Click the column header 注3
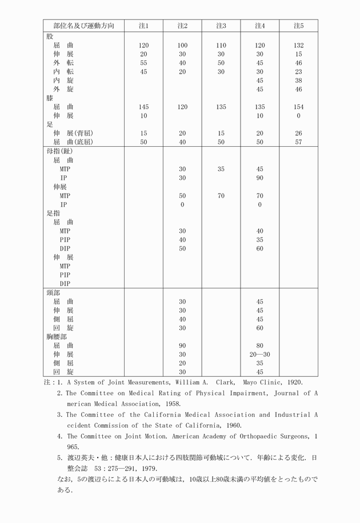[221, 26]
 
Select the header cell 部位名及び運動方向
[83, 26]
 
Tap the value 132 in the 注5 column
[298, 45]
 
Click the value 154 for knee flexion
[298, 107]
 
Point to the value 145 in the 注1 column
[143, 107]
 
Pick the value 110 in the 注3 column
[221, 45]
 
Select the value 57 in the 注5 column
[298, 142]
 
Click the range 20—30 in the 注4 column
[259, 355]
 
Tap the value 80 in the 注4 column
[259, 345]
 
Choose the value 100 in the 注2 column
[182, 45]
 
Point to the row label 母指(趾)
[59, 151]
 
